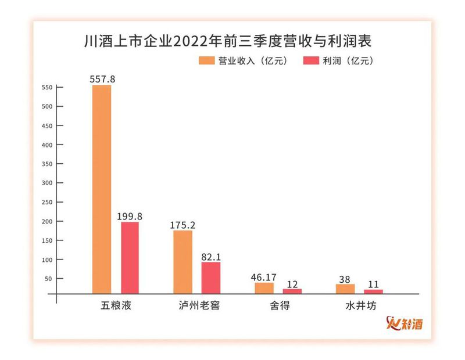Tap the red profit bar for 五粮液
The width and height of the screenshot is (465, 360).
pyautogui.click(x=130, y=258)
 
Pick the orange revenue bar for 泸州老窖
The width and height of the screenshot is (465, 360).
pyautogui.click(x=183, y=262)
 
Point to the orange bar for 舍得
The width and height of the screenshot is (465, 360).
pyautogui.click(x=264, y=288)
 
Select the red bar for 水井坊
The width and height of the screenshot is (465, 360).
pyautogui.click(x=373, y=291)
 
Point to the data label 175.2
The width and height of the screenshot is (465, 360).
pyautogui.click(x=183, y=224)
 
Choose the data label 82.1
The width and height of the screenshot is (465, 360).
pyautogui.click(x=211, y=256)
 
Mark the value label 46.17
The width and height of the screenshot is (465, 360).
pyautogui.click(x=264, y=276)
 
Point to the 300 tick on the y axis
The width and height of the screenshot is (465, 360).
pyautogui.click(x=48, y=183)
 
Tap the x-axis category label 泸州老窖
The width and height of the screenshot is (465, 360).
pyautogui.click(x=197, y=305)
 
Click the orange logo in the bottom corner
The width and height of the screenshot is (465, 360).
pyautogui.click(x=405, y=323)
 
